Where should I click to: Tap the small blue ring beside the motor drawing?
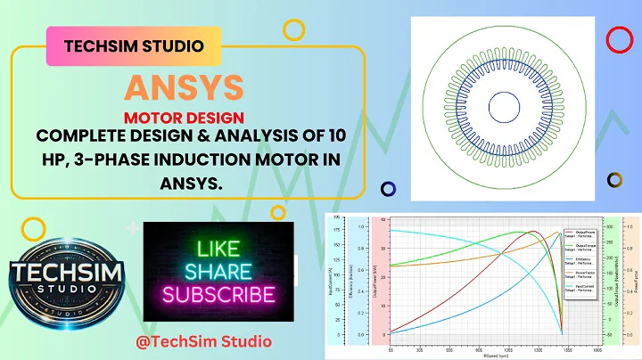388,189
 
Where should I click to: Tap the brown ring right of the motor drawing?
614,180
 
